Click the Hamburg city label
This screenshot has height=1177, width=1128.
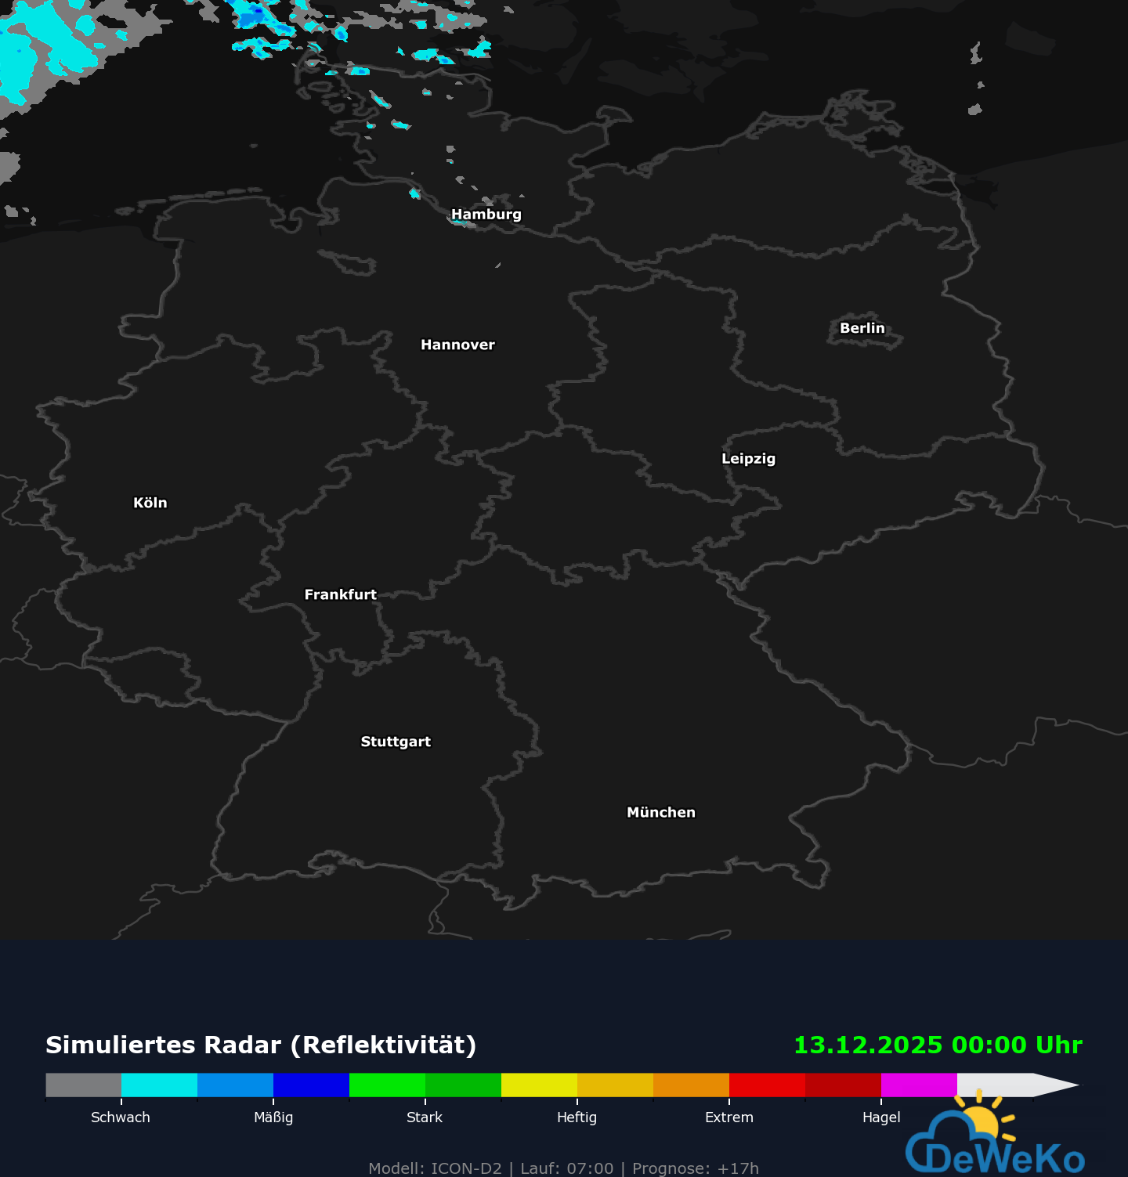pos(486,215)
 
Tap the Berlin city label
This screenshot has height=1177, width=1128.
pos(862,328)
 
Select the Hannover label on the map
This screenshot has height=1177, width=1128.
pos(457,345)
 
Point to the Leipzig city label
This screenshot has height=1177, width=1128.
pos(748,459)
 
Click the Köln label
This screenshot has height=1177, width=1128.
pos(150,503)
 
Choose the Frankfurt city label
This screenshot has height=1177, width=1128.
pos(340,594)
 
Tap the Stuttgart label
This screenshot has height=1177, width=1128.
pos(396,742)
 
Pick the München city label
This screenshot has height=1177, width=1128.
pos(660,812)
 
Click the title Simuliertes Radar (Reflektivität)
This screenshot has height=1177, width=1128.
pos(261,1045)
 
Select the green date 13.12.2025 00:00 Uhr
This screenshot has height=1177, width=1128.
pos(938,1045)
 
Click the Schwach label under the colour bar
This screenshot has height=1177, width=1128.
pos(121,1117)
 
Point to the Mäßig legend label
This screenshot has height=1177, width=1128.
pos(273,1117)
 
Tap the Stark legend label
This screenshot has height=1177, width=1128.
pos(425,1117)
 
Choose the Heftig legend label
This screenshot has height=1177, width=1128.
pos(577,1117)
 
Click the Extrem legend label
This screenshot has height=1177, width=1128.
pos(728,1117)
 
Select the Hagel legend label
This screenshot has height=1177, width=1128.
pos(881,1117)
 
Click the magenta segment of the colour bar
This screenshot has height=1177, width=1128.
pos(919,1085)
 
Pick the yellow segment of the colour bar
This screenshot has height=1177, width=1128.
pos(539,1085)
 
